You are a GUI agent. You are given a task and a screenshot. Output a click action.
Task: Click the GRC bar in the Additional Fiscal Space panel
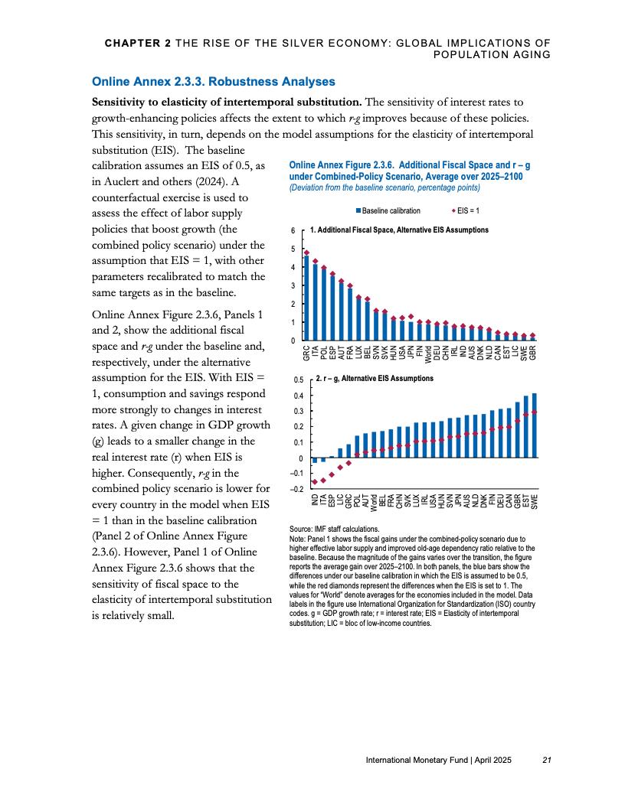coord(306,298)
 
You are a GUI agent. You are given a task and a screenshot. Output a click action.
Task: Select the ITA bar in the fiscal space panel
coord(315,303)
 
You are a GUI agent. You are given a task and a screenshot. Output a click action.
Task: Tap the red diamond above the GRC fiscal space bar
coord(306,252)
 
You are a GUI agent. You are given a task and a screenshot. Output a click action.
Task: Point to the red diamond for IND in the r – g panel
coord(314,481)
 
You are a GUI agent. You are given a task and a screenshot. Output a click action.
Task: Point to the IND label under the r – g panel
coord(314,501)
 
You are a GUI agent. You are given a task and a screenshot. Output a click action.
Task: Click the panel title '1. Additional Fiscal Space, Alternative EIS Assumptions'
coord(399,230)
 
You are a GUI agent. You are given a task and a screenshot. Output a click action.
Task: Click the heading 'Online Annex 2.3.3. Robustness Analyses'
coord(213,81)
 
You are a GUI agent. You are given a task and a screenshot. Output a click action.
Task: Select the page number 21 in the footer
coord(546,760)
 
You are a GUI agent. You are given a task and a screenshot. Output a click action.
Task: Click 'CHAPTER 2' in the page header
coord(138,43)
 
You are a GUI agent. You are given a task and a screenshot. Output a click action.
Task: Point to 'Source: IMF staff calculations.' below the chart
coord(335,529)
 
